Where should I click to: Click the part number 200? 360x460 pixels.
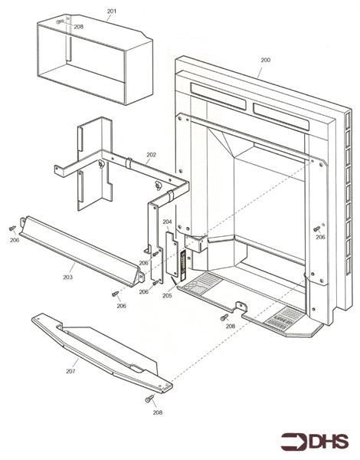tap(265, 60)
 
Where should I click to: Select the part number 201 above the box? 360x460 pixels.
tap(112, 11)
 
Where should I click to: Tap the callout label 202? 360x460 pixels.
tap(152, 155)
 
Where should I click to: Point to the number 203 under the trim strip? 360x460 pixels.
tap(67, 277)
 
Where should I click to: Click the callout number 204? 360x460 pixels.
tap(167, 222)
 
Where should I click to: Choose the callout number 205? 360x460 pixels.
tap(167, 295)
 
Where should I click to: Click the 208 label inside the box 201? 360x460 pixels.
tap(78, 27)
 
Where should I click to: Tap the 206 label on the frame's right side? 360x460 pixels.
tap(320, 238)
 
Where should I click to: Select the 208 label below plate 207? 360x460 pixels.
tap(157, 412)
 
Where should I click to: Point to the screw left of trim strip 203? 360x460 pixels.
tap(11, 228)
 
